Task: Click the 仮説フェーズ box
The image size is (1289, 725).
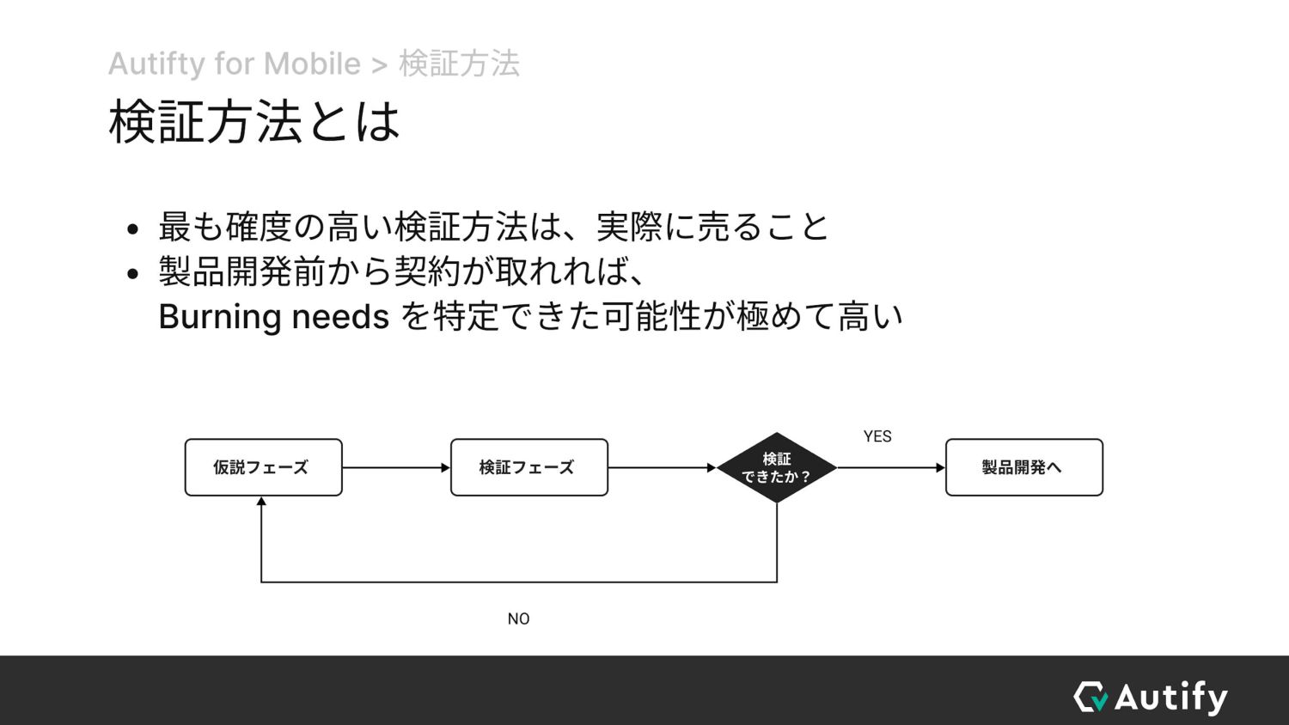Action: (263, 467)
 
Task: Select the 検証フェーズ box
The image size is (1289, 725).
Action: (528, 467)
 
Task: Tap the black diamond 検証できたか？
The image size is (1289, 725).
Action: (777, 468)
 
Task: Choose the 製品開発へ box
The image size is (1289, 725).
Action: (1023, 467)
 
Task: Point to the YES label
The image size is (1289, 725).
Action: (877, 436)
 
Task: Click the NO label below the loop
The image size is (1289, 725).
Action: (518, 618)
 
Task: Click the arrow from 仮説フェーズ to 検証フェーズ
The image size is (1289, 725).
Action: (396, 467)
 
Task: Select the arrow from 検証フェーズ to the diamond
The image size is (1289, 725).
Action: (662, 467)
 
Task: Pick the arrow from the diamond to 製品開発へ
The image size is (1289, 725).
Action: (891, 467)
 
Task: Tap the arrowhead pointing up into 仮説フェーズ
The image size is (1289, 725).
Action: (261, 502)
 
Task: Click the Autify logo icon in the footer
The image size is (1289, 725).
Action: (1090, 697)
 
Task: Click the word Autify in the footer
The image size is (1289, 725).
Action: (1171, 697)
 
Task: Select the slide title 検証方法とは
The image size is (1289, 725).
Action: (254, 121)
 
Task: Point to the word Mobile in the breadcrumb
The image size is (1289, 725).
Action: (312, 64)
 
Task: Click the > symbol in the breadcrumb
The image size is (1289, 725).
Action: (380, 64)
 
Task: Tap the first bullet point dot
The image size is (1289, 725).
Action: (131, 229)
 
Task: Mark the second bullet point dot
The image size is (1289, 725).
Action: (131, 274)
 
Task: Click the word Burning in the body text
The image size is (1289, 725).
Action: (220, 317)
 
